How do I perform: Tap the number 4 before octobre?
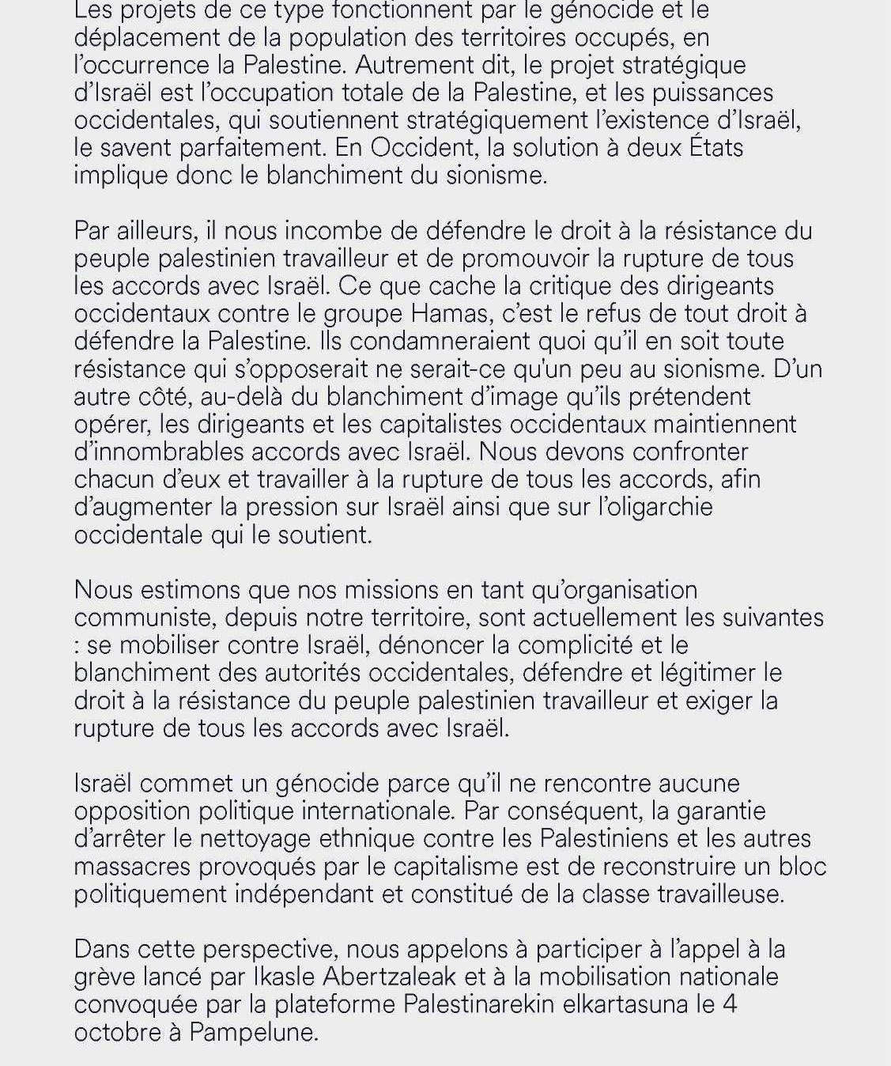[730, 1005]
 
